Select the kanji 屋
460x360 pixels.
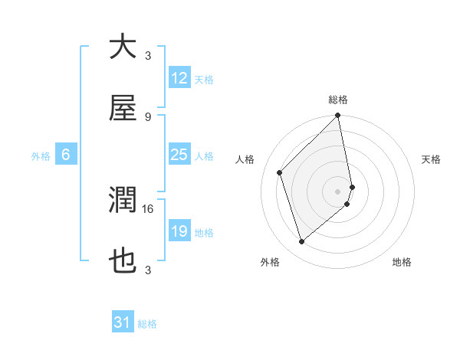123,110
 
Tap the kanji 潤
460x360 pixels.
123,201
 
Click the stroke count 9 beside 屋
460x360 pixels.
148,116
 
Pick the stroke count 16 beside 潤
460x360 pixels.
148,208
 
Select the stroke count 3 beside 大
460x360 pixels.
148,55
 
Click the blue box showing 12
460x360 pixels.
179,78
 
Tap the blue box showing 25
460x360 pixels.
179,155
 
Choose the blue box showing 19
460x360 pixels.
179,231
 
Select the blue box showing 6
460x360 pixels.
66,155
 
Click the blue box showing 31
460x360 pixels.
123,322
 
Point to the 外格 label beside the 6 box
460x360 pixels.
41,155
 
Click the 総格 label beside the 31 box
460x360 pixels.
147,323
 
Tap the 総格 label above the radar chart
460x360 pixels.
338,100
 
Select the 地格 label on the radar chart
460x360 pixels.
402,262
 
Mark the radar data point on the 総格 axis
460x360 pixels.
338,116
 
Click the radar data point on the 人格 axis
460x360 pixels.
280,172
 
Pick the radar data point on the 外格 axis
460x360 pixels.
301,242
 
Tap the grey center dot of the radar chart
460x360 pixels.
338,191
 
